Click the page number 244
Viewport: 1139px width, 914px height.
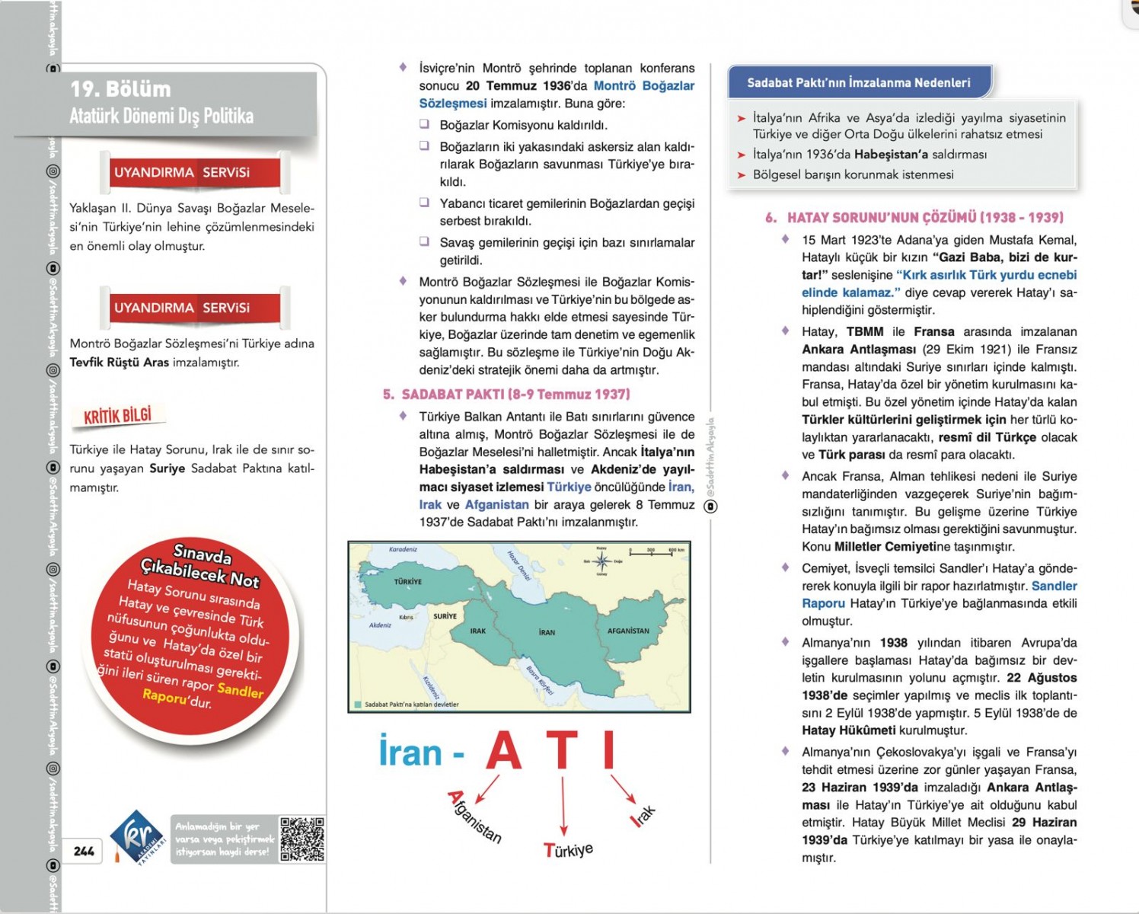[x=84, y=851]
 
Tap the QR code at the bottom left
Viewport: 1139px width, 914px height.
[x=302, y=839]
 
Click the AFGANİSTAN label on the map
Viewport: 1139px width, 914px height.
[x=628, y=631]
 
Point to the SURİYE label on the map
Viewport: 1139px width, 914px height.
[x=445, y=615]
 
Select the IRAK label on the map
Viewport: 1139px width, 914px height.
[x=478, y=631]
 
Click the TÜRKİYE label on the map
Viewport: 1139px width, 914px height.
[x=408, y=581]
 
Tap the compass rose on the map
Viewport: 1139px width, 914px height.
[x=602, y=562]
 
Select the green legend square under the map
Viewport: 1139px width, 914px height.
[x=357, y=705]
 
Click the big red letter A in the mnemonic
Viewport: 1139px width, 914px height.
[x=504, y=752]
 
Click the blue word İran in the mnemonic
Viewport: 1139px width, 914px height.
[x=410, y=753]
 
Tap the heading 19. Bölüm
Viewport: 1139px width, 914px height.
[x=120, y=89]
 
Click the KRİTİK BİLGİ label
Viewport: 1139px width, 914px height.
[x=118, y=416]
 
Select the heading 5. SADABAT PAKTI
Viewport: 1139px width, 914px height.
[x=506, y=395]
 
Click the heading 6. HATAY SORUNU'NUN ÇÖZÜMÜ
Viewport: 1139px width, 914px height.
[x=914, y=218]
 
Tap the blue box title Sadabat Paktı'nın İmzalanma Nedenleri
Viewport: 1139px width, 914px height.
[x=858, y=82]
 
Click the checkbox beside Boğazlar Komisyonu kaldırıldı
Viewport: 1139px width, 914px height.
[x=425, y=124]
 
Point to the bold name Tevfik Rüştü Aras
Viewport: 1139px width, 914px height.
[x=119, y=363]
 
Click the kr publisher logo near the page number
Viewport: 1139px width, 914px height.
[x=137, y=836]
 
